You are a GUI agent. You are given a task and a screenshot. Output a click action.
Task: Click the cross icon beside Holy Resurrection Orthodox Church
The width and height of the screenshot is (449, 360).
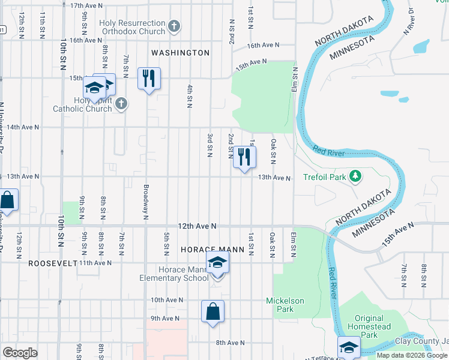pos(174,26)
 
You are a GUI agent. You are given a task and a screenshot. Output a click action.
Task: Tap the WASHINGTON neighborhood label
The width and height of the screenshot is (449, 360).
pos(180,53)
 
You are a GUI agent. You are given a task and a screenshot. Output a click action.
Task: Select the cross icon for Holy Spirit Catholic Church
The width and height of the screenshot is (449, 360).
pos(121,104)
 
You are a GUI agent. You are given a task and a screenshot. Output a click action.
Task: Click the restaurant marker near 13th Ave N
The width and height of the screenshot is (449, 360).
pos(244,157)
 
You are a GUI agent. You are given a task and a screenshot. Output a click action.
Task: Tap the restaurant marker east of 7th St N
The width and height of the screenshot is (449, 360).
pos(149,79)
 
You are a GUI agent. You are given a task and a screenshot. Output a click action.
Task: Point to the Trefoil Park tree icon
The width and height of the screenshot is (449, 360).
pos(357,176)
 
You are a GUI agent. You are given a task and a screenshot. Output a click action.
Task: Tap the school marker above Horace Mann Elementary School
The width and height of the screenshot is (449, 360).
pos(217,262)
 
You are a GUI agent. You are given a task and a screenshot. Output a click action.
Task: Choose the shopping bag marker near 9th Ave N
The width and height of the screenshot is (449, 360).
pos(212,312)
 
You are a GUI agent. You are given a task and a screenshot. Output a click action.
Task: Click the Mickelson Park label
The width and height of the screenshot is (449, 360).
pos(285,305)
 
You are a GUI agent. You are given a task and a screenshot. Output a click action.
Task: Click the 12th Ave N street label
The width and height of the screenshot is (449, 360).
pos(196,226)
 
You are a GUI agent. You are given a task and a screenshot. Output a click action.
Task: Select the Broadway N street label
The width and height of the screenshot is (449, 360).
pos(146,198)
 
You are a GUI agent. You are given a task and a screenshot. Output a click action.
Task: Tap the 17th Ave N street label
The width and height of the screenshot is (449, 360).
pos(86,5)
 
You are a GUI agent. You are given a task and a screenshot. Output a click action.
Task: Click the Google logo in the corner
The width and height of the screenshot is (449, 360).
pos(19,353)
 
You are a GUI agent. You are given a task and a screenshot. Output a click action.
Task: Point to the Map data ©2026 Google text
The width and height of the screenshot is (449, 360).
pos(411,355)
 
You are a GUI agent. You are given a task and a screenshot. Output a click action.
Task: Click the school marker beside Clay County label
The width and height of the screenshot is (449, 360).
pos(349,347)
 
